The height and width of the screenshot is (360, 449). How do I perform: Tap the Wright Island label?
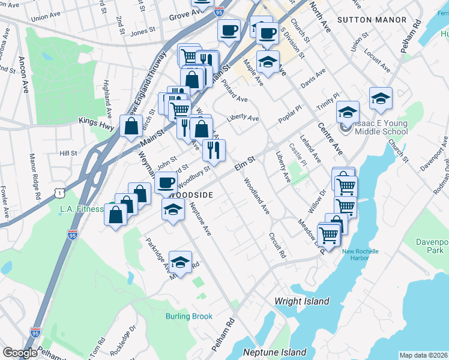tap(301, 301)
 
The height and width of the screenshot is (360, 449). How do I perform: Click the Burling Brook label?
tap(189, 316)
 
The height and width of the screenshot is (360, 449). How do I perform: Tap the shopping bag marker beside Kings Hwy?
tap(131, 127)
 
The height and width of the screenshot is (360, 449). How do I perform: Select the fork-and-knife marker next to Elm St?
tap(214, 151)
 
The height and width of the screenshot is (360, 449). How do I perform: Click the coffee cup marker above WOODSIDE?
tap(166, 182)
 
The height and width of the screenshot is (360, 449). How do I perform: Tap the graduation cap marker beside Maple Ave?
tap(268, 61)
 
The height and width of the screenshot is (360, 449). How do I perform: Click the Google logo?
tap(20, 353)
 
